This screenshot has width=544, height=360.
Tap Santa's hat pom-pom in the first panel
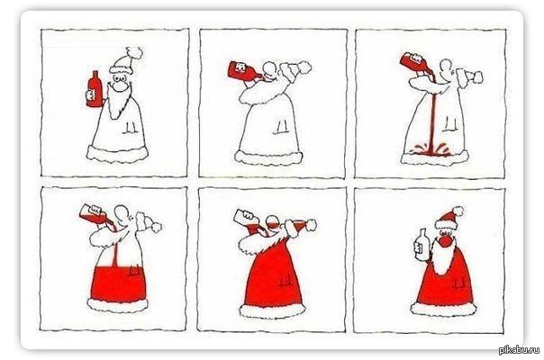134,53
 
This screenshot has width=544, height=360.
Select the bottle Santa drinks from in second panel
244,71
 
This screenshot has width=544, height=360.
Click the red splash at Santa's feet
431,149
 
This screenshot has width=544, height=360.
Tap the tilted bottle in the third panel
415,63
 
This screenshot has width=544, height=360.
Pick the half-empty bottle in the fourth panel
96,213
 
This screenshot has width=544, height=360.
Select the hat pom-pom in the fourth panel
156,228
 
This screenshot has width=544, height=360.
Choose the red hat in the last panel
448,220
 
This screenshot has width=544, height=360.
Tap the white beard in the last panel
443,256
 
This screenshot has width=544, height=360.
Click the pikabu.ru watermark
519,350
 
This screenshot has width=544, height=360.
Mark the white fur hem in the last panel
443,309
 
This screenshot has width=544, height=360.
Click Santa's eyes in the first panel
120,78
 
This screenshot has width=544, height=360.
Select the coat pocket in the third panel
451,124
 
